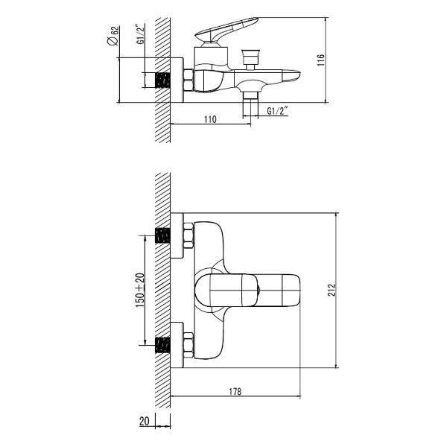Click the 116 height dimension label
(321, 60)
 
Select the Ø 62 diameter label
(112, 36)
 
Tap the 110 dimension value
(210, 119)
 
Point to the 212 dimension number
(332, 291)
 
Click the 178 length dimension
(235, 391)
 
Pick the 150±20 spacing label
(140, 291)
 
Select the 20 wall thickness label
(145, 421)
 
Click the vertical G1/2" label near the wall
(140, 35)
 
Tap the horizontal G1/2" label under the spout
(277, 111)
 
